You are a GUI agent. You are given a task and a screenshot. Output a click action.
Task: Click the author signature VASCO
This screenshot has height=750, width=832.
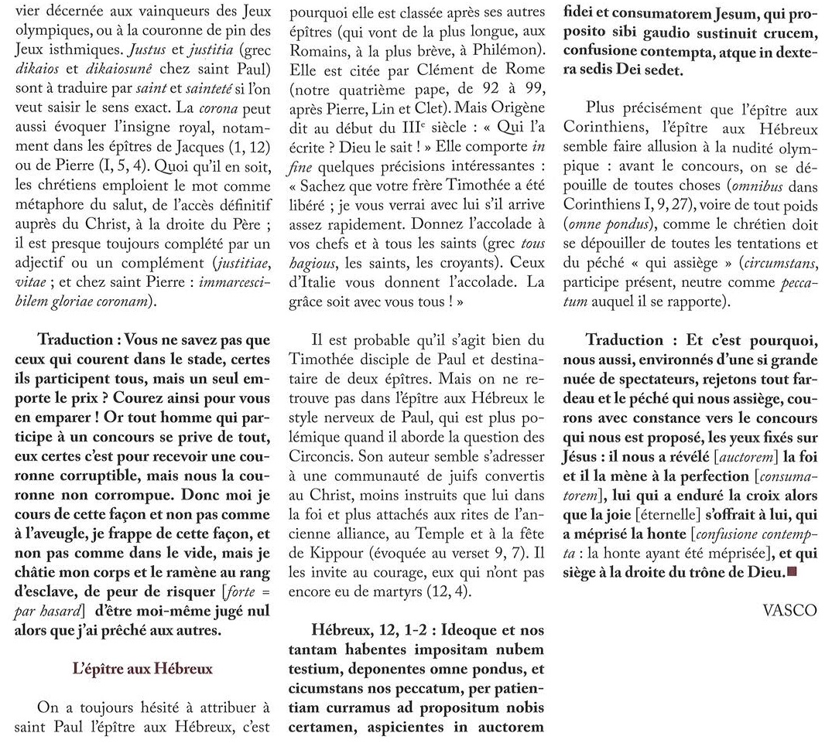click(x=789, y=610)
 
